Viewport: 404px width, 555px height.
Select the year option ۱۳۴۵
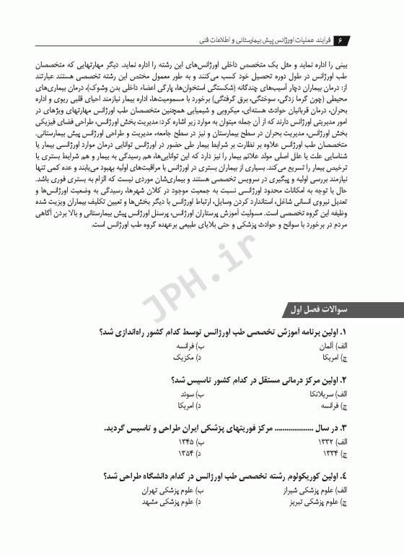pos(187,441)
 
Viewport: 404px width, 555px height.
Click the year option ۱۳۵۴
pos(187,452)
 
